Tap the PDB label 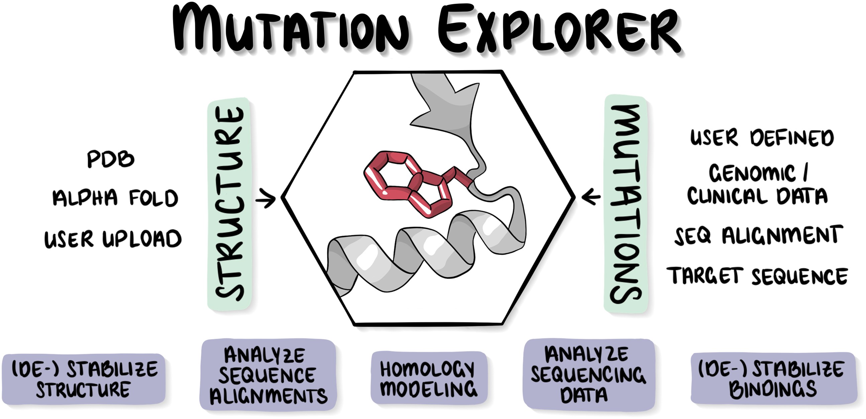click(x=111, y=159)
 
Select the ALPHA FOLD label click(x=115, y=197)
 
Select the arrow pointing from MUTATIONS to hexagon click(x=591, y=197)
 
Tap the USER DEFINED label click(x=762, y=138)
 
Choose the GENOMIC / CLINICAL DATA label click(x=757, y=185)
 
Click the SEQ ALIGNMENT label click(x=758, y=235)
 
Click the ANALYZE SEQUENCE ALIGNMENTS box click(x=268, y=375)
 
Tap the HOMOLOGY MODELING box click(x=429, y=378)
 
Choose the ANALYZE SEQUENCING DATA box click(x=588, y=374)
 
